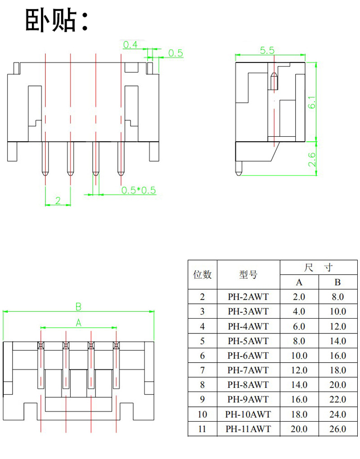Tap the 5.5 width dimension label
click(x=267, y=50)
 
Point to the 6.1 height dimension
click(x=312, y=103)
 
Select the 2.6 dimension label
click(x=312, y=159)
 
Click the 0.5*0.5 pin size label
click(x=139, y=190)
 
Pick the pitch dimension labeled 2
click(x=58, y=201)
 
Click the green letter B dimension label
click(x=78, y=307)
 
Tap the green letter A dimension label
click(x=78, y=323)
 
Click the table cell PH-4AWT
click(x=248, y=326)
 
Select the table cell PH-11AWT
click(x=248, y=429)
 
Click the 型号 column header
click(x=248, y=274)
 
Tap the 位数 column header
click(x=202, y=274)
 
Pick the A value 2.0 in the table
click(x=299, y=297)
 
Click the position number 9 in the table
click(x=202, y=400)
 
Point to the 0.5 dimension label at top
click(x=175, y=53)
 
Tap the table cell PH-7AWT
click(x=248, y=370)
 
